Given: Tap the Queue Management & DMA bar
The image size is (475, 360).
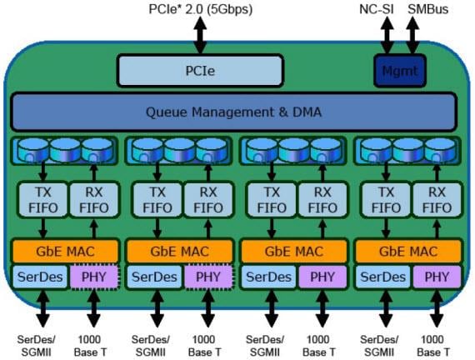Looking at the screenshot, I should (x=234, y=112).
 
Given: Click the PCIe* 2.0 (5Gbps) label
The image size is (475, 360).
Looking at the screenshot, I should (x=200, y=9).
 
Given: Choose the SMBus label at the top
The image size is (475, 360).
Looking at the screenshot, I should (x=427, y=9).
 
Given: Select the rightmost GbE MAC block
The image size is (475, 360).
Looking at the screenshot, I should (x=408, y=249).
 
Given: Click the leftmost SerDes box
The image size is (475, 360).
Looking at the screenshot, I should (x=38, y=277).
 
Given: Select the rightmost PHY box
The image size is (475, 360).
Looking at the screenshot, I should (x=436, y=277).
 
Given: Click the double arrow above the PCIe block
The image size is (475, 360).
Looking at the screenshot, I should (x=200, y=36).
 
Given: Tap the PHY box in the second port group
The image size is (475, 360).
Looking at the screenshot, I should (x=206, y=277).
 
